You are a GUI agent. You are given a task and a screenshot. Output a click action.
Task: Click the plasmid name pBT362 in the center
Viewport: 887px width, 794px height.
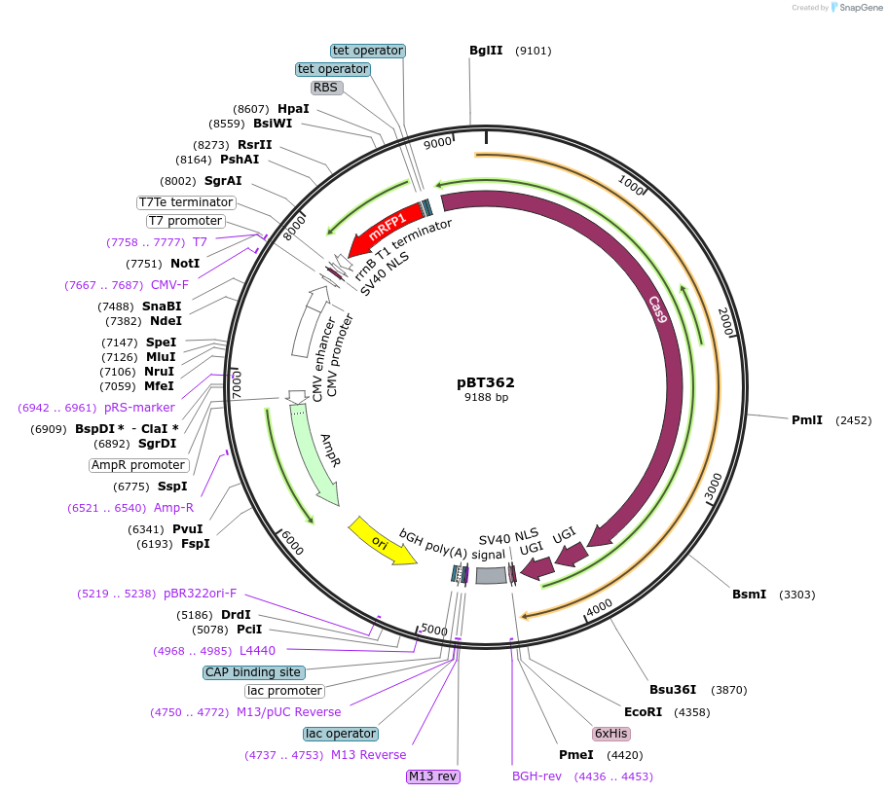pos(486,382)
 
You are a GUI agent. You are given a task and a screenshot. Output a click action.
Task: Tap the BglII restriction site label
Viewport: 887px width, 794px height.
pos(486,51)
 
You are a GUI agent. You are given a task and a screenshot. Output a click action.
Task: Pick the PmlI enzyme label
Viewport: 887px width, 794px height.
pos(807,420)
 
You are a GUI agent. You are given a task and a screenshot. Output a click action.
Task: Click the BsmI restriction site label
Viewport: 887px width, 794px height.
pos(750,595)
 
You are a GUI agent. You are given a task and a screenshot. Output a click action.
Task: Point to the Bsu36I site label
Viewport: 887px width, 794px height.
pos(673,690)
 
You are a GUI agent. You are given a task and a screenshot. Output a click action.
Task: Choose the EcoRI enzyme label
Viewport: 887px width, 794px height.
pos(643,712)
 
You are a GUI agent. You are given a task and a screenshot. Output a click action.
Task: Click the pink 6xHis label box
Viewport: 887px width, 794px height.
pos(610,734)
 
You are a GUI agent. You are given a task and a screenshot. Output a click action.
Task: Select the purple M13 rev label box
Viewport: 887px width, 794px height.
pos(433,776)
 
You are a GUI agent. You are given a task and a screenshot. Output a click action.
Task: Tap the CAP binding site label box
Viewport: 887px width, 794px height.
pos(253,672)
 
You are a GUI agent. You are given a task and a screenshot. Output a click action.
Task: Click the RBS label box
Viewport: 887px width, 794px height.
pos(325,88)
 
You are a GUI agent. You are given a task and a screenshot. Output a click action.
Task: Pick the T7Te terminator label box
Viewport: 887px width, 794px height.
pos(186,202)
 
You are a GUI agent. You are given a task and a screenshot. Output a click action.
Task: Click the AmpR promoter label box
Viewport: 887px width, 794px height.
pos(138,465)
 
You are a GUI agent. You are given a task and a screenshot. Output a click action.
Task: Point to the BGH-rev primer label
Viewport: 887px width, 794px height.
pos(537,776)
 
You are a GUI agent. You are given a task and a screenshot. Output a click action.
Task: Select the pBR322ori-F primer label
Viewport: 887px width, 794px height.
pos(200,594)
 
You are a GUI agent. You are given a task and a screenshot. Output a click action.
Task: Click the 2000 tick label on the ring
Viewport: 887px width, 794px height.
pos(724,322)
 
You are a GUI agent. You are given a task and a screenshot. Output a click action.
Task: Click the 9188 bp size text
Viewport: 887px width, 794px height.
pos(486,397)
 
